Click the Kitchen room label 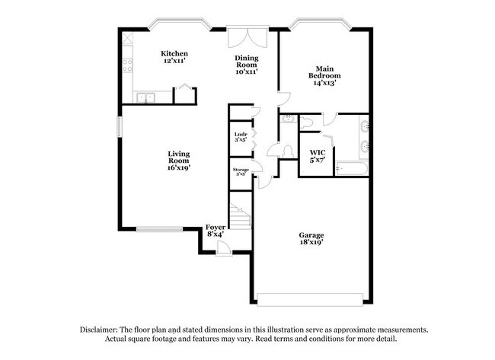coord(174,53)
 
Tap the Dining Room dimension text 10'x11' coord(245,72)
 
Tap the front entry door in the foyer coord(219,247)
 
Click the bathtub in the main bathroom coord(353,169)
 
